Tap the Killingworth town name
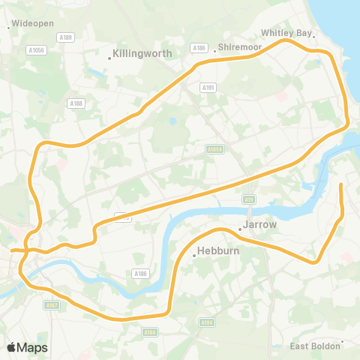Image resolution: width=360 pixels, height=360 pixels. pos(142,54)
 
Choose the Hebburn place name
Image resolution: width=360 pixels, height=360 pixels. pos(217,251)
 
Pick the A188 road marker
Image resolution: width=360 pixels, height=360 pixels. pos(75,103)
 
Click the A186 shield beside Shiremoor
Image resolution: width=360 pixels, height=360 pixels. pos(199,47)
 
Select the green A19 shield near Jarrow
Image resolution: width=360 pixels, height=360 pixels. pos(248,199)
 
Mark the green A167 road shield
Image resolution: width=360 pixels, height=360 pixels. pos(51,305)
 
